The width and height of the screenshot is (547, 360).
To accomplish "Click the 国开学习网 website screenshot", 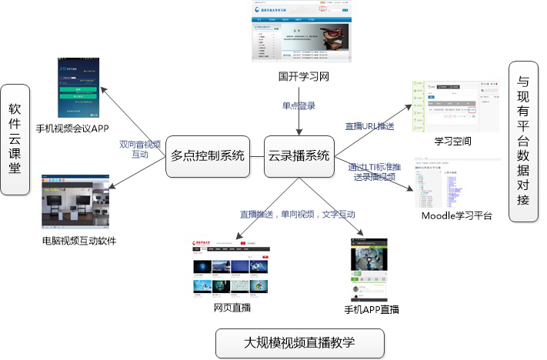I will click(297, 34).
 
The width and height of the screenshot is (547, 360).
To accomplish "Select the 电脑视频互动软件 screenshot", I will click(76, 203).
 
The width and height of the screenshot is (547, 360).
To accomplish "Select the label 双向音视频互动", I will click(140, 148).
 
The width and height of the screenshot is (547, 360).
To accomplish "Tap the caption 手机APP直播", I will click(372, 310).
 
